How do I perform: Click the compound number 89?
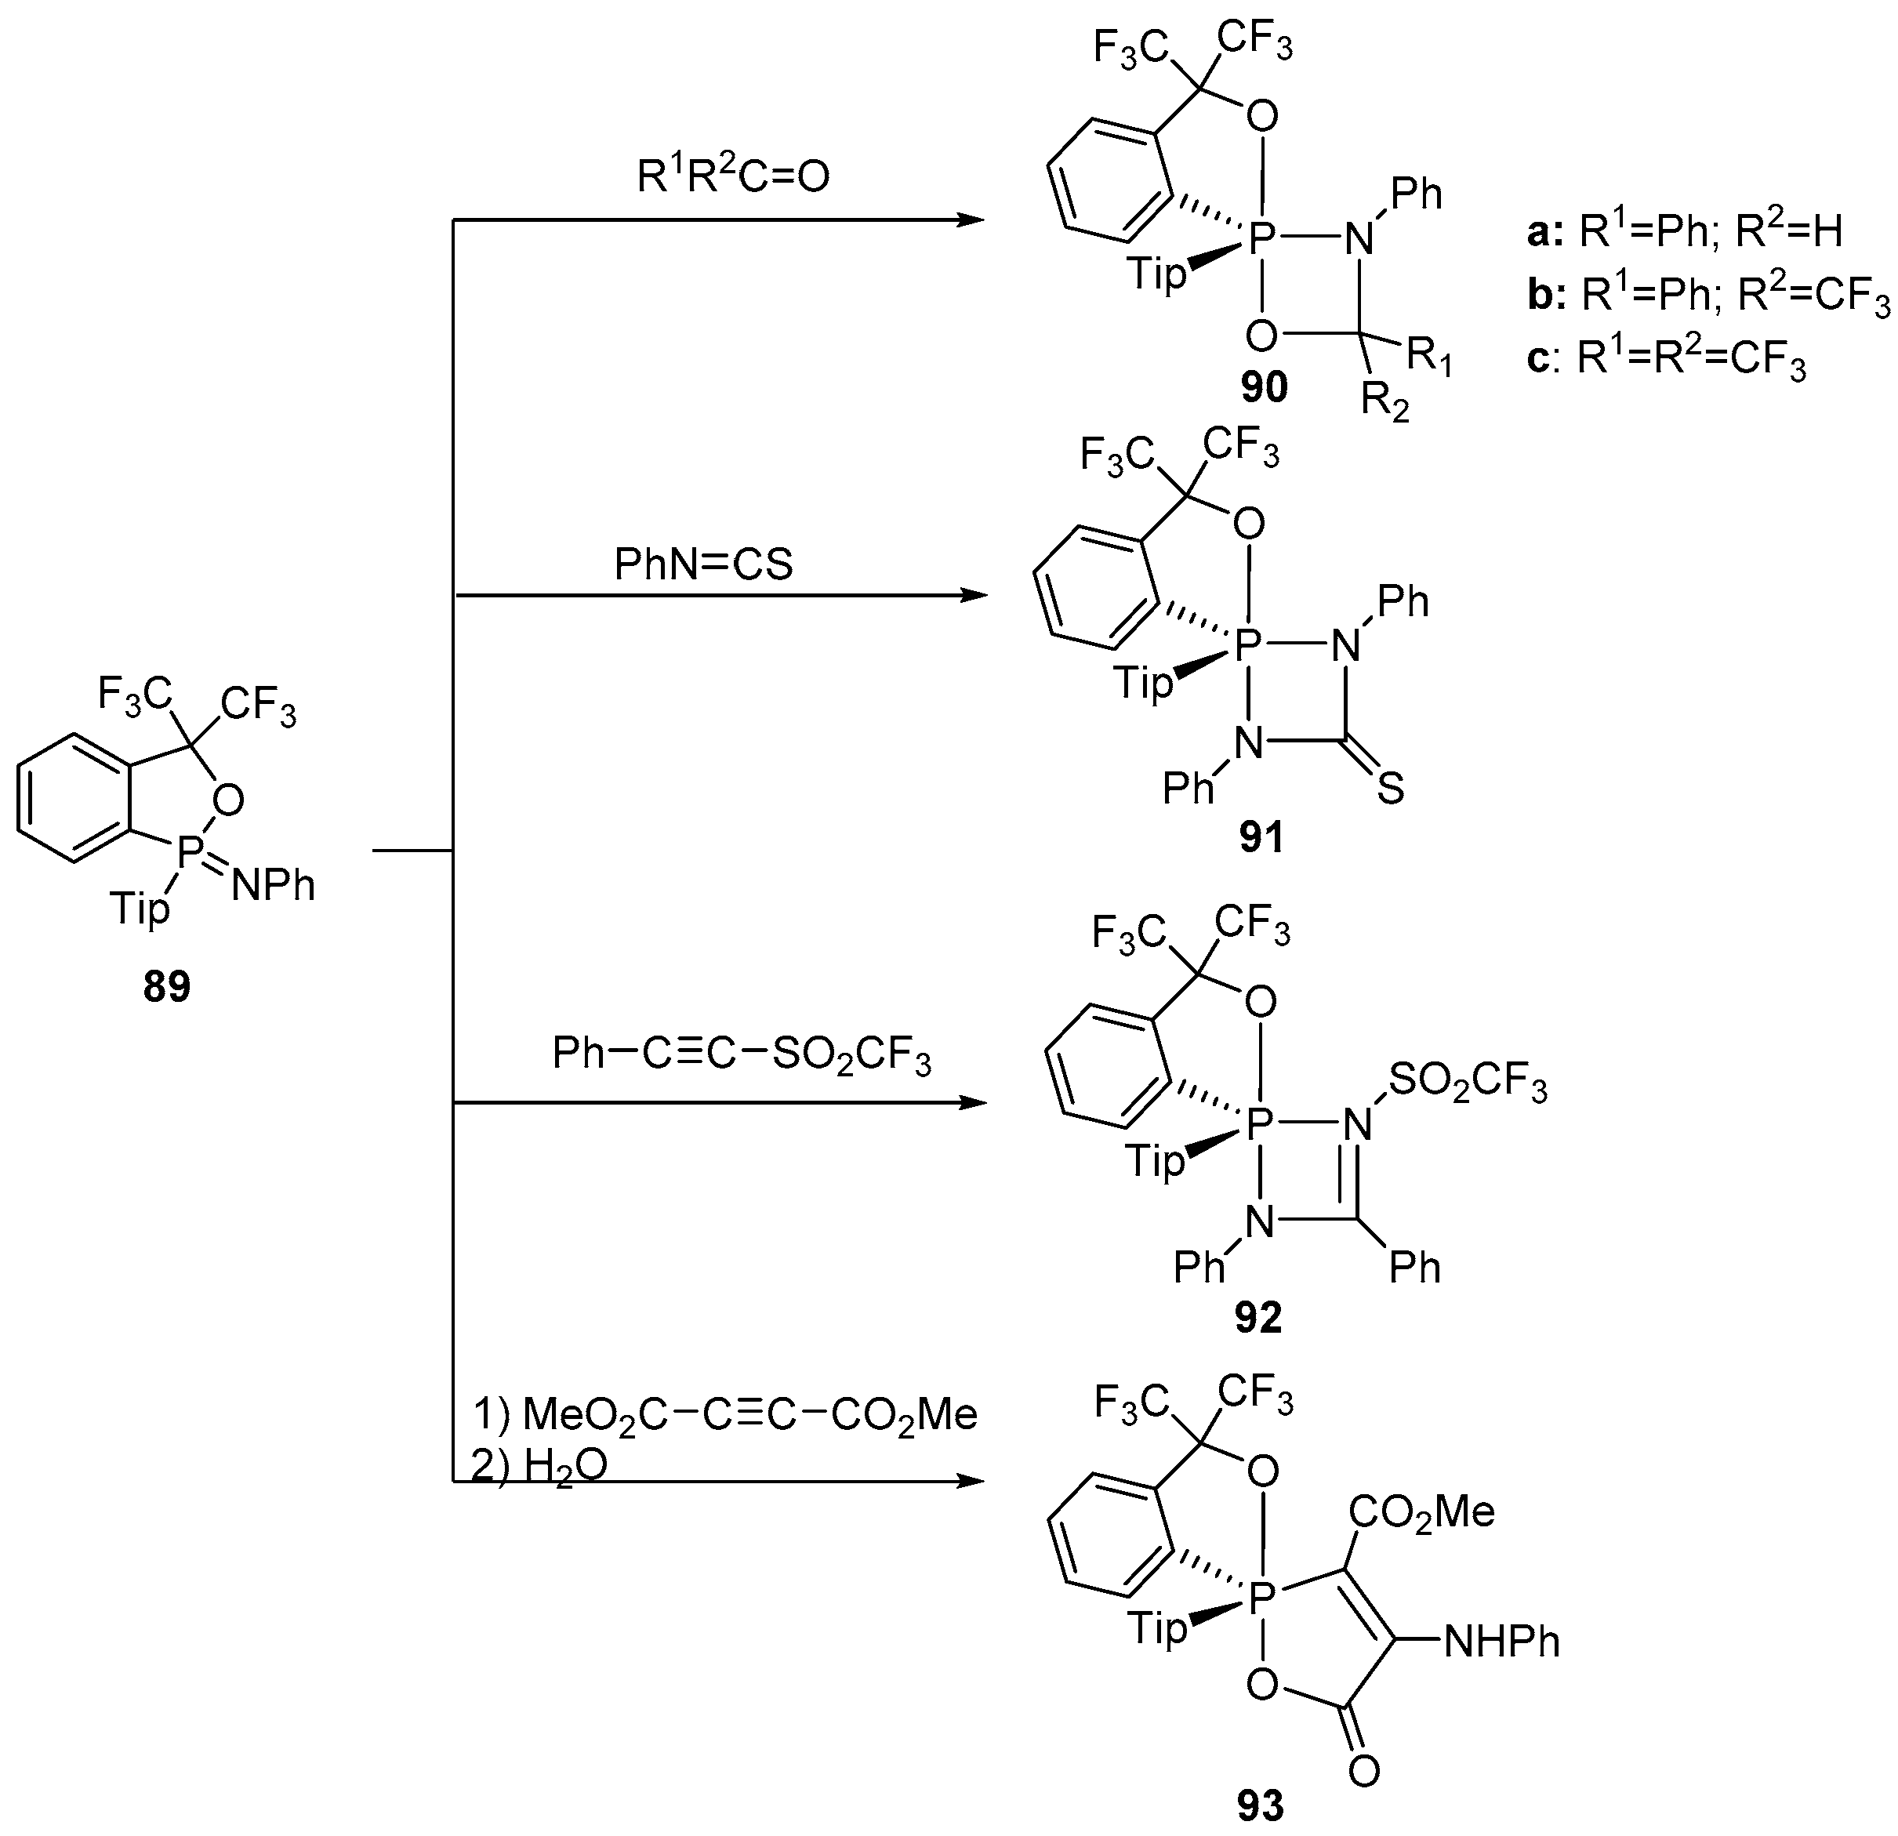coord(166,987)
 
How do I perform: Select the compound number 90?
coord(1264,387)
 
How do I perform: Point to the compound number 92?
coord(1258,1317)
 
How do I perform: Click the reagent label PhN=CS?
coord(703,564)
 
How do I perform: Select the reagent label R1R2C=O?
coord(733,176)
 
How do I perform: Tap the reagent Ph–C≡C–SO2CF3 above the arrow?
coord(741,1054)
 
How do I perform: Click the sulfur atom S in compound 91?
coord(1390,789)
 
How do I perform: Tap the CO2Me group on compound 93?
coord(1423,1511)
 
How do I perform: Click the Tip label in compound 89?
coord(140,909)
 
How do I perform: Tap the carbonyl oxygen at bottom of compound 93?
coord(1363,1771)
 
